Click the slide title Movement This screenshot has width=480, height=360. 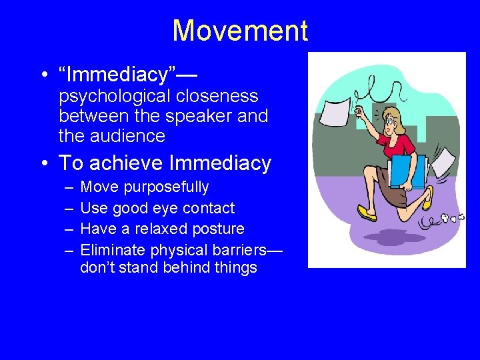click(x=240, y=31)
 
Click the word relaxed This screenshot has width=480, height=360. click(x=157, y=229)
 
